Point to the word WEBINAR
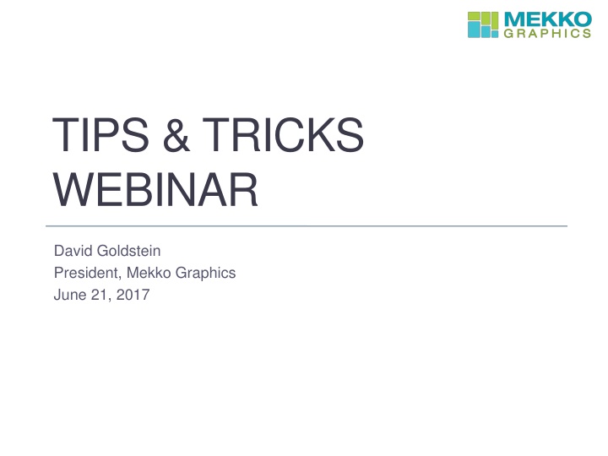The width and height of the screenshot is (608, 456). (x=155, y=191)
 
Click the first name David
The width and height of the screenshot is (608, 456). (x=72, y=251)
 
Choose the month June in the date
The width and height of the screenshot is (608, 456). (x=68, y=295)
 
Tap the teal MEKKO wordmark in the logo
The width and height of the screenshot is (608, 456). (x=546, y=19)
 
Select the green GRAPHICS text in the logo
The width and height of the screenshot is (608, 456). (x=546, y=34)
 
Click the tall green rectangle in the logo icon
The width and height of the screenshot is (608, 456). (x=492, y=21)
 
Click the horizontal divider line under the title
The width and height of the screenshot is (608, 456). (x=304, y=226)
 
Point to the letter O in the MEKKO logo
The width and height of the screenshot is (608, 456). (x=582, y=19)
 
